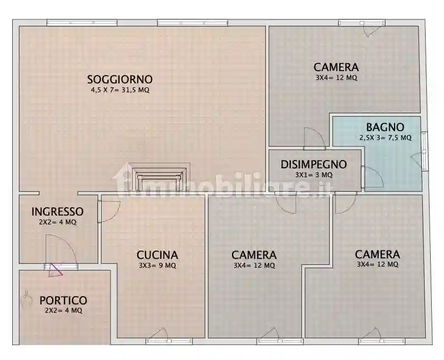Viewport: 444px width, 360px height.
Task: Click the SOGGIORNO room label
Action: [x=120, y=79]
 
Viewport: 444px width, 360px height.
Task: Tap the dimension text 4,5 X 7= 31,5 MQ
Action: [x=120, y=89]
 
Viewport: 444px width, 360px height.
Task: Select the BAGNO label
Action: [x=385, y=127]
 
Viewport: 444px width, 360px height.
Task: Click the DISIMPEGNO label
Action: [x=314, y=164]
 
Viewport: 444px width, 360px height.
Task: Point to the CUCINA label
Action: [x=158, y=255]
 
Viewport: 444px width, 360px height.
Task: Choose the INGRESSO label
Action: [x=57, y=212]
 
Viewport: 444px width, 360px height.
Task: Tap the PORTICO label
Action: [x=63, y=301]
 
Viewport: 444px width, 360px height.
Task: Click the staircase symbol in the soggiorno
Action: [x=159, y=177]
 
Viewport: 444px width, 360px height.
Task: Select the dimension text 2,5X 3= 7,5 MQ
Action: [x=385, y=137]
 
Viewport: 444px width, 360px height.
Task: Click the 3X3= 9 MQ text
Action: [x=158, y=266]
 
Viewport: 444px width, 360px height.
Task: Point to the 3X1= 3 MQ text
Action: [x=314, y=174]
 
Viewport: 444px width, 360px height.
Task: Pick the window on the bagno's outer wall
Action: [x=425, y=150]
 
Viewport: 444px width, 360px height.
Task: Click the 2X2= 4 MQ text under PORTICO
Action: [x=63, y=311]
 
